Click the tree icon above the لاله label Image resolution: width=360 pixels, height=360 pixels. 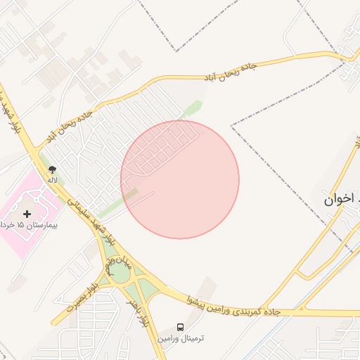tap(52, 169)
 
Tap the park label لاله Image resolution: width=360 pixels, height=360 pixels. tap(52, 181)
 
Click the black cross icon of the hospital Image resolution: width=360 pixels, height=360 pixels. tap(27, 212)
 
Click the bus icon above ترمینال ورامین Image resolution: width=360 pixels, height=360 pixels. tap(181, 327)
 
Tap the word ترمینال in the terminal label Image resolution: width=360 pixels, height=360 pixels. tap(191, 339)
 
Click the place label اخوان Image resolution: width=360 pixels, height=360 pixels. tap(337, 200)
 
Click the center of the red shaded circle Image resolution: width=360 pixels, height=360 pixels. tap(180, 179)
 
